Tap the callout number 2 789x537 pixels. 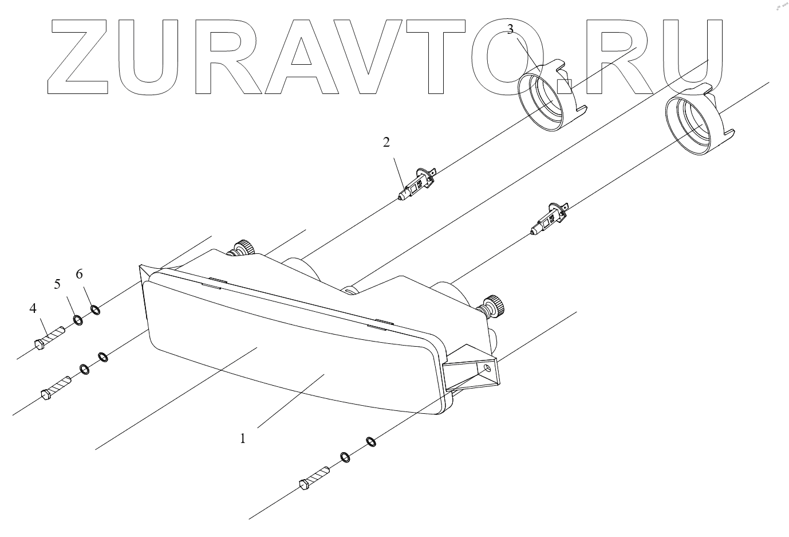click(386, 142)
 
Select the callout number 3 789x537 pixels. click(510, 30)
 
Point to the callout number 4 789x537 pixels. click(33, 308)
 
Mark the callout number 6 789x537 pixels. click(79, 274)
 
